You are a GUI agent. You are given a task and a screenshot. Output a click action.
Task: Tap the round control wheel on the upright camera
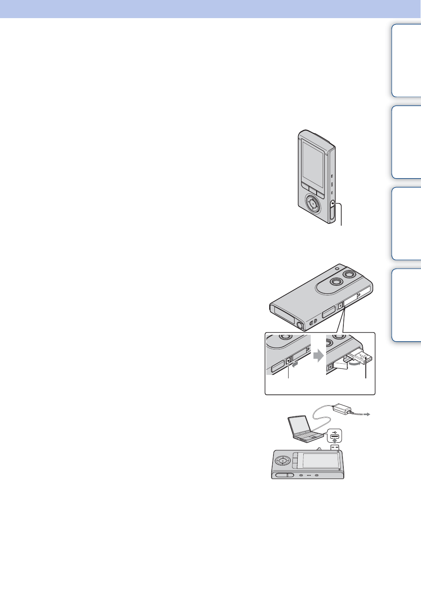tap(314, 203)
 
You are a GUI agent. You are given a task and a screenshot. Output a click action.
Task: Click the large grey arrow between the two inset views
tap(318, 356)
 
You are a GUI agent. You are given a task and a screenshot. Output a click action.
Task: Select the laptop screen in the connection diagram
tap(299, 425)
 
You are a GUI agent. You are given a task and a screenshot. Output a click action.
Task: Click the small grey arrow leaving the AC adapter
tap(366, 414)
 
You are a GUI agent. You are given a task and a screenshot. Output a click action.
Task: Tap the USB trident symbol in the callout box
tap(334, 431)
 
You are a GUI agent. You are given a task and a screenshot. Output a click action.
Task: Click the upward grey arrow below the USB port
tap(334, 442)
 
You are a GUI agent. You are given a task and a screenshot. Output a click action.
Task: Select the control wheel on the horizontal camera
tap(282, 460)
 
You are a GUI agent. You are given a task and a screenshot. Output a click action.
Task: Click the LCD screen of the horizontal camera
tap(320, 460)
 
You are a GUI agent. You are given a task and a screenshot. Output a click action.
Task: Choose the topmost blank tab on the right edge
tap(407, 60)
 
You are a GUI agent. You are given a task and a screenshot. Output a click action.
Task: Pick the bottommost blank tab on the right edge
tap(407, 305)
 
